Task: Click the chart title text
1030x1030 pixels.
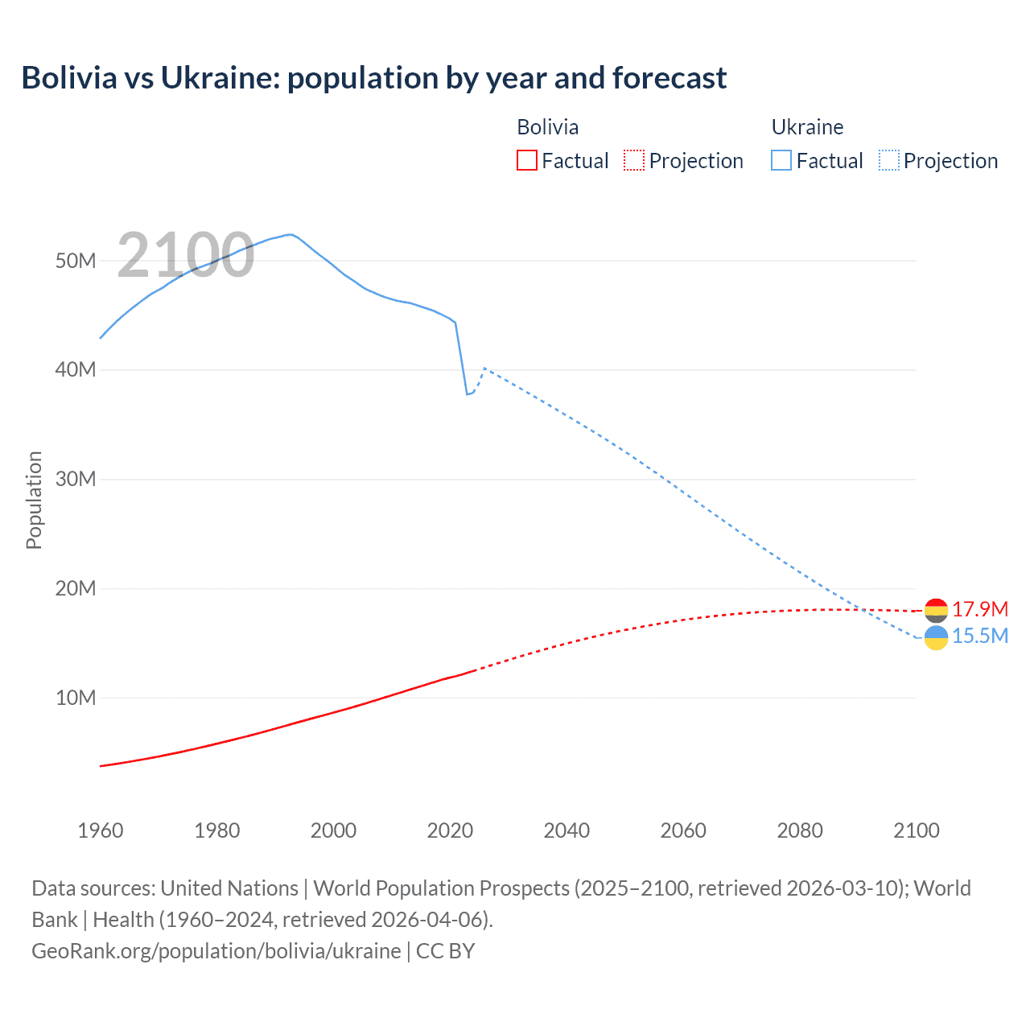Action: pos(373,78)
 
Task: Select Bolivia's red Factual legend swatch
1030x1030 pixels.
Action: pos(526,160)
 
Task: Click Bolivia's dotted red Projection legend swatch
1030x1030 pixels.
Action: pos(634,160)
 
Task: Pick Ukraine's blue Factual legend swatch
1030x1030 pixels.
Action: pos(781,160)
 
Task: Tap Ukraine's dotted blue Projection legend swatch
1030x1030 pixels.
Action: pos(888,160)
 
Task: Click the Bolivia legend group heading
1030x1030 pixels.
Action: pos(547,127)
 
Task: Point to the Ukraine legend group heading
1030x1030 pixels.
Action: pos(807,127)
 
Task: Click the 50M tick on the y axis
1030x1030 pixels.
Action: pos(76,261)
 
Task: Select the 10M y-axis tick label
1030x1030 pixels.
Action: pos(76,698)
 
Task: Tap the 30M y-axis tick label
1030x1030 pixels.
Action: pos(76,479)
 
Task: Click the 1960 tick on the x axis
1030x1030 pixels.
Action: pos(101,830)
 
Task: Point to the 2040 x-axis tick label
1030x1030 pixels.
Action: pos(566,830)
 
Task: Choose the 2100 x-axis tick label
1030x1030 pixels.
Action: pos(916,830)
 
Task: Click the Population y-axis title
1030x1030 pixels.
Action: pos(34,500)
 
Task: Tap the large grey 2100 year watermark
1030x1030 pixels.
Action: pos(186,255)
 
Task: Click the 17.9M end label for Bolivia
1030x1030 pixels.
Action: pos(979,609)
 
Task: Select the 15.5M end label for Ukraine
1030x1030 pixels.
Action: pos(979,636)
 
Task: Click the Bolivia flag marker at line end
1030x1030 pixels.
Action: pos(936,610)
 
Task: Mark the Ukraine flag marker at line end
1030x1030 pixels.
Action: pos(936,638)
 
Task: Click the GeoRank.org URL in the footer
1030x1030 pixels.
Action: pos(216,950)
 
